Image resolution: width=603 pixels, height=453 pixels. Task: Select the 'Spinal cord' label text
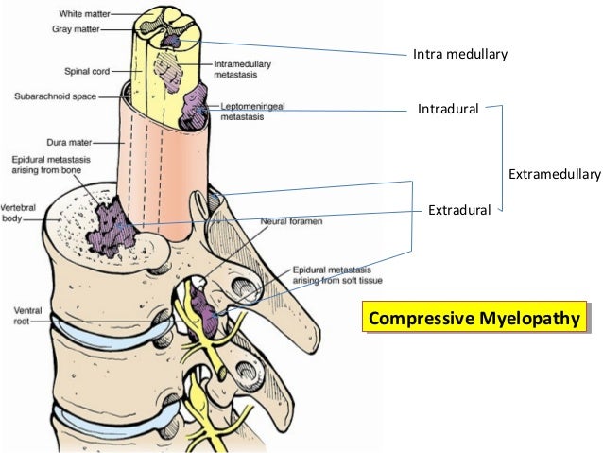coord(90,69)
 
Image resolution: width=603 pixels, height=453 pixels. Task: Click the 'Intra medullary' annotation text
coord(460,54)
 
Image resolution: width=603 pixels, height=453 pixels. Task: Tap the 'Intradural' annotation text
coord(450,111)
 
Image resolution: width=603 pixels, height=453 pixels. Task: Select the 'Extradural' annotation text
coord(458,209)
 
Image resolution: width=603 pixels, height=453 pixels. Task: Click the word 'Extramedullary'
coord(555,174)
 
